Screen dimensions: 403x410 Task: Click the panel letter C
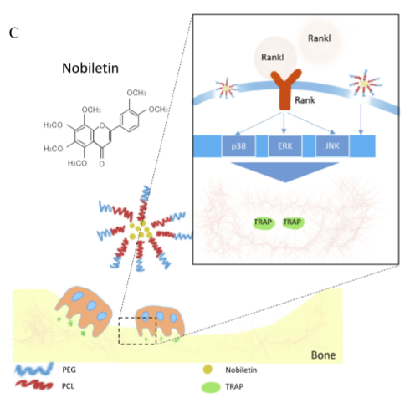click(13, 33)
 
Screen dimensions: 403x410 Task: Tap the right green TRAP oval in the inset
click(293, 222)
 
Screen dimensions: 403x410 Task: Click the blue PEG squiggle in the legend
click(31, 369)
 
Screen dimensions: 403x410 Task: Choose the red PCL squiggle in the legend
click(31, 385)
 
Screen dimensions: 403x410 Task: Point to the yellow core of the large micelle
click(146, 230)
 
